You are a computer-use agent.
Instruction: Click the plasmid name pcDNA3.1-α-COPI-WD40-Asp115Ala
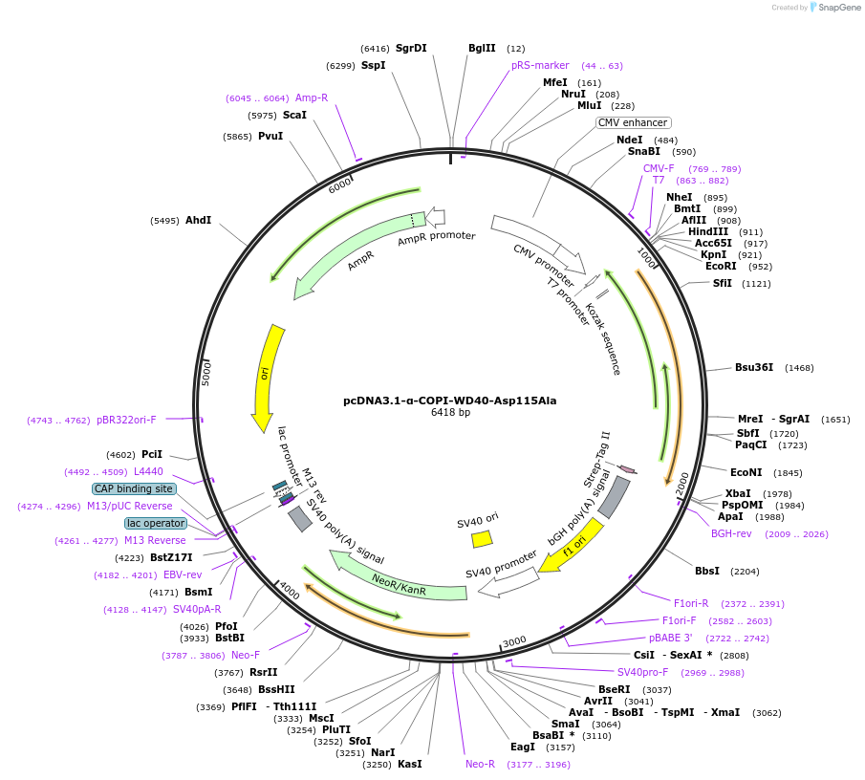[449, 401]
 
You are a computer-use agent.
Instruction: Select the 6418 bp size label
[450, 413]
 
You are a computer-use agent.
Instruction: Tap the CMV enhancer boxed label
[633, 122]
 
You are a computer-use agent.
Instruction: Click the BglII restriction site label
[482, 48]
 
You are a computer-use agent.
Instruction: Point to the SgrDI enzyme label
[411, 48]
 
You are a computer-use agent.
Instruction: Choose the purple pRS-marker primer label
[540, 65]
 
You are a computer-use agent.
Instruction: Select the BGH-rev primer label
[731, 533]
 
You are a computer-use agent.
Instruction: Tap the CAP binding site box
[134, 488]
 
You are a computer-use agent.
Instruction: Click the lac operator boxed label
[155, 523]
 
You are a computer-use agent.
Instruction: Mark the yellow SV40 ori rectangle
[482, 539]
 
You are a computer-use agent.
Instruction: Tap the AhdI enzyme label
[198, 220]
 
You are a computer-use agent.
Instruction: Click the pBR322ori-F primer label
[126, 420]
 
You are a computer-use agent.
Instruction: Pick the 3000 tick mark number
[514, 640]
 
